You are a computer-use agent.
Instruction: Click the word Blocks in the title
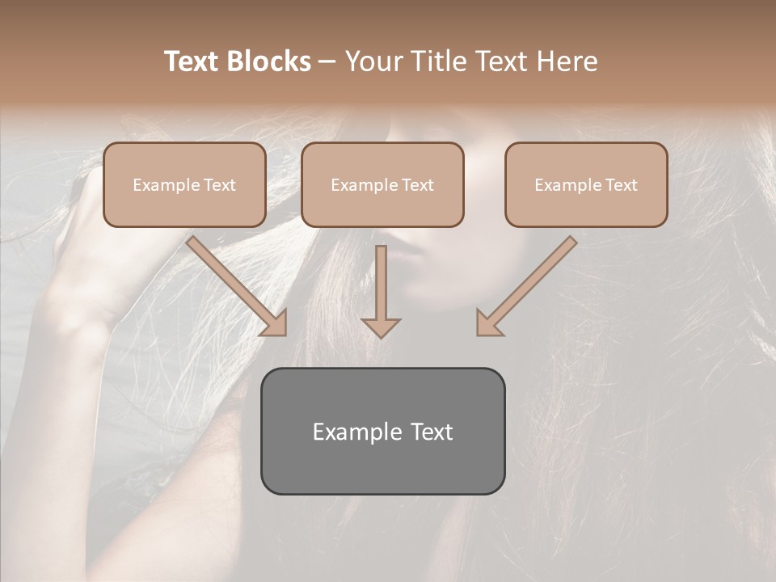pyautogui.click(x=270, y=61)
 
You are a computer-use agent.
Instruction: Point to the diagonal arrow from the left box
pyautogui.click(x=234, y=284)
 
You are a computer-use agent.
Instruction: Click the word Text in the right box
pyautogui.click(x=622, y=185)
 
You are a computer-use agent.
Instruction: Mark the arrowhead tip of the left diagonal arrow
pyautogui.click(x=285, y=334)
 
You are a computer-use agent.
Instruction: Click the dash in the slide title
pyautogui.click(x=327, y=61)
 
